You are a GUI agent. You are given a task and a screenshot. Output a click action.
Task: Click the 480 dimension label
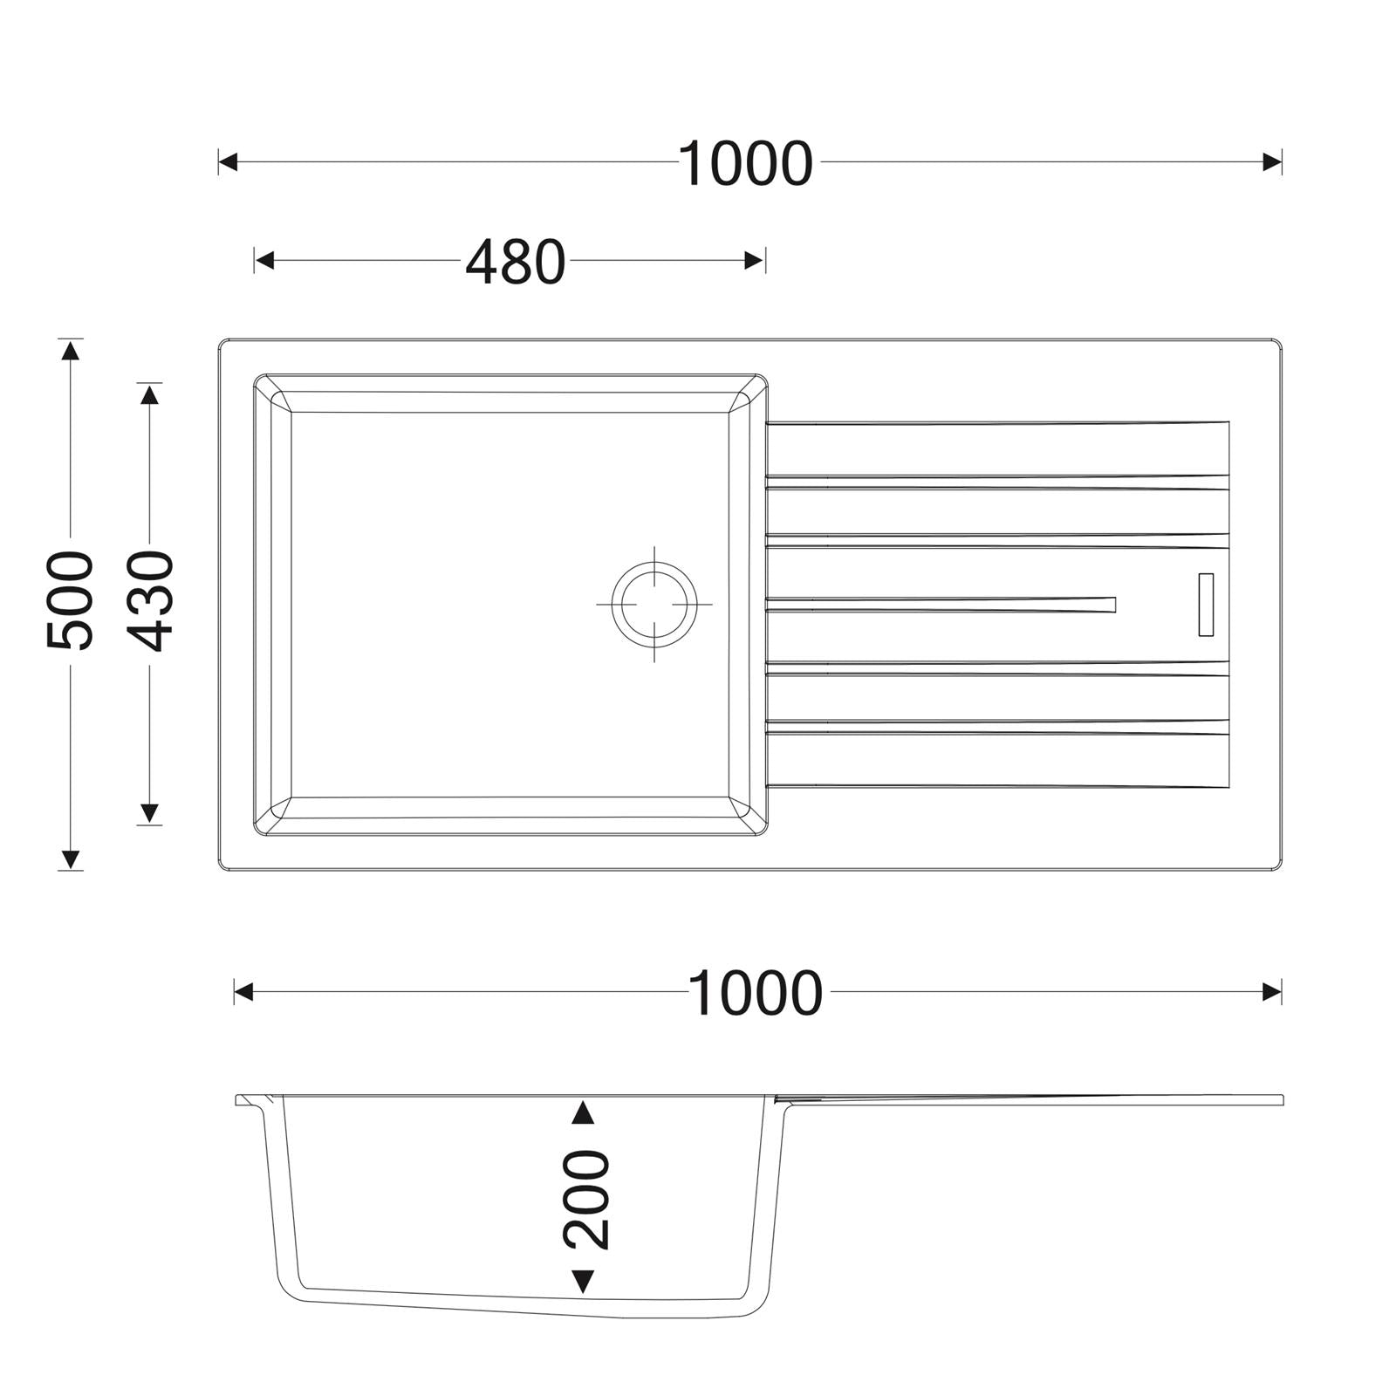pyautogui.click(x=516, y=262)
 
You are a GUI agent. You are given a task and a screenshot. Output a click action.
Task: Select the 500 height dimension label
pyautogui.click(x=70, y=600)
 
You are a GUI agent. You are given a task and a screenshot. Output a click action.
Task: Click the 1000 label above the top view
pyautogui.click(x=746, y=164)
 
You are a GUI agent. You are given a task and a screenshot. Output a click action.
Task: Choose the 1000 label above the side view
pyautogui.click(x=756, y=994)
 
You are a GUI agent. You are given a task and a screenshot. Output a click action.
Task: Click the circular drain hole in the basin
pyautogui.click(x=654, y=604)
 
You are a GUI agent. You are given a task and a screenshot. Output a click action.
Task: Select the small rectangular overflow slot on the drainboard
pyautogui.click(x=1207, y=605)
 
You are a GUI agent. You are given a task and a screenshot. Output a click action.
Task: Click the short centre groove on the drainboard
pyautogui.click(x=941, y=604)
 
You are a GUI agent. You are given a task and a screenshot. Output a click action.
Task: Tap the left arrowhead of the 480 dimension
pyautogui.click(x=264, y=260)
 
